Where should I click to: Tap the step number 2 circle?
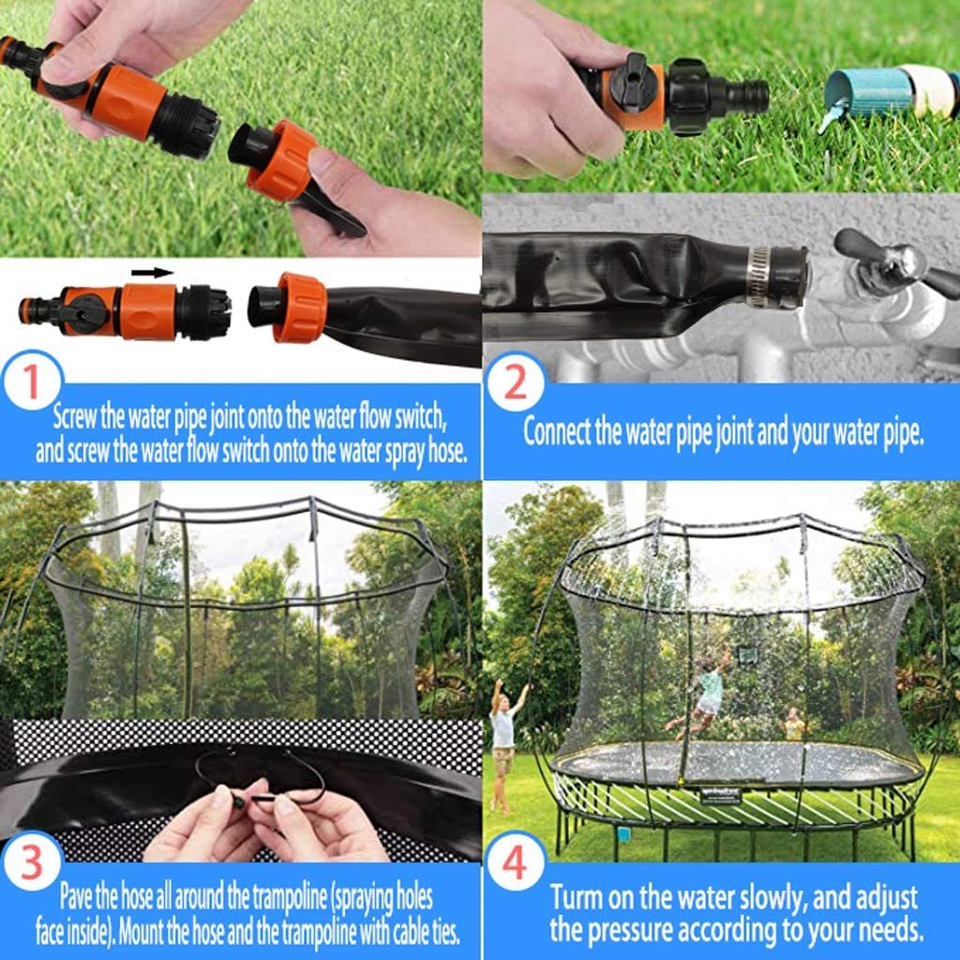515,383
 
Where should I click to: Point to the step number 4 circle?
515,863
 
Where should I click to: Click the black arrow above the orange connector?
152,273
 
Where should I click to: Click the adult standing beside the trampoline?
502,741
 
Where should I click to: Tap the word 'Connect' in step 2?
557,432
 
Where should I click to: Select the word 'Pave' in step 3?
77,895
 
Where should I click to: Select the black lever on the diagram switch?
86,313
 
